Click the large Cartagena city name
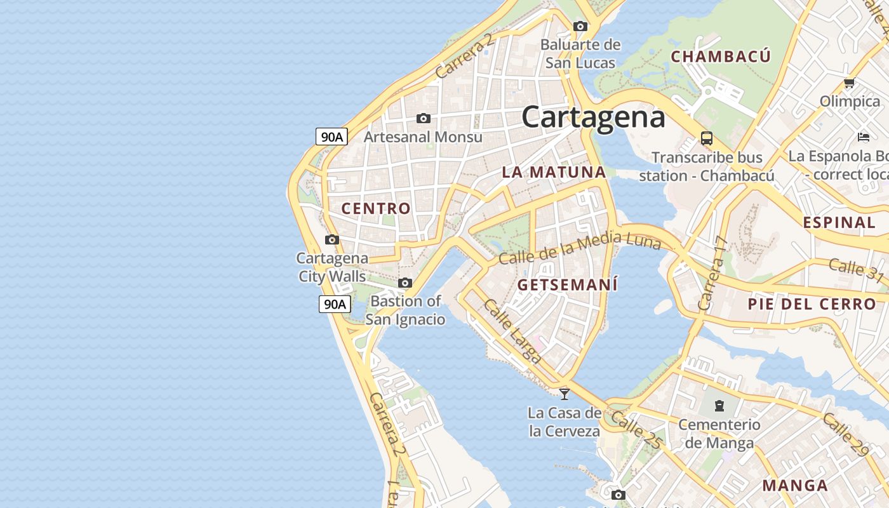(593, 117)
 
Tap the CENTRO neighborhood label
(376, 208)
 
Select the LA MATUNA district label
(554, 172)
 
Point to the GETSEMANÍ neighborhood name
(567, 284)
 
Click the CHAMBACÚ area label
(721, 57)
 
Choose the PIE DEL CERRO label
(812, 304)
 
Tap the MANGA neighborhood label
(795, 486)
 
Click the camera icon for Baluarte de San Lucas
(580, 27)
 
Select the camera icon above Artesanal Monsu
(424, 119)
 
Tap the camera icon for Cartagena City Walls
(331, 240)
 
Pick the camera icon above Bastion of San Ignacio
(405, 283)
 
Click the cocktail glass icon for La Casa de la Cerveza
(564, 394)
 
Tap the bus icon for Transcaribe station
(706, 138)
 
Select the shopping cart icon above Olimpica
(849, 83)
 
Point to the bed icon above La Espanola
(863, 137)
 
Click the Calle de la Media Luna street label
(579, 248)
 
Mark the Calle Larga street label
(512, 331)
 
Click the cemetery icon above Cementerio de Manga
(719, 405)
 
